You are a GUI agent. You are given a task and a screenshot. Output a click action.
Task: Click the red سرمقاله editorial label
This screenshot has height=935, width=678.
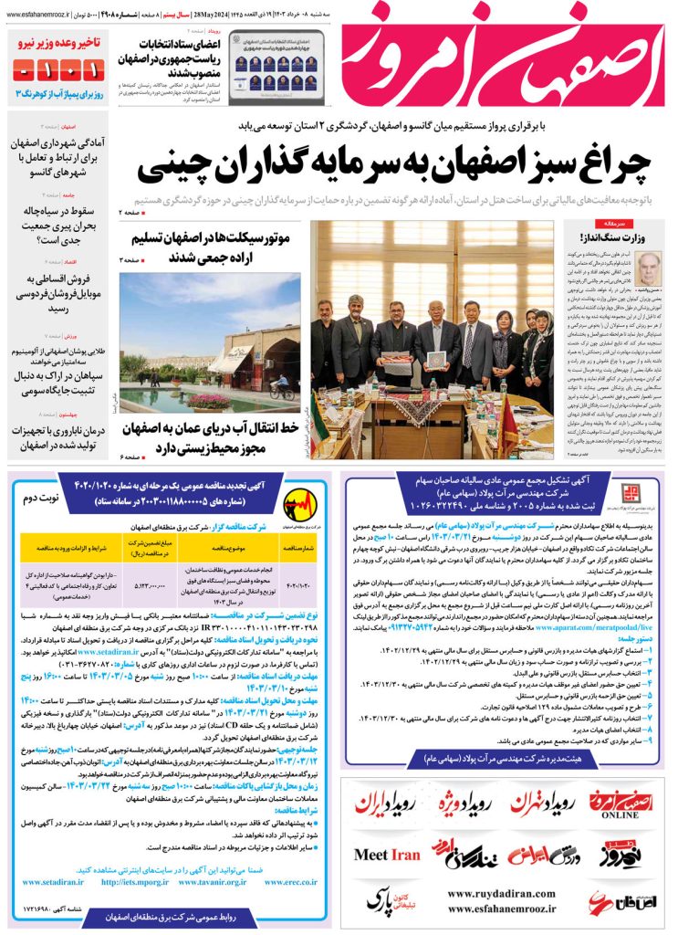click(607, 223)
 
